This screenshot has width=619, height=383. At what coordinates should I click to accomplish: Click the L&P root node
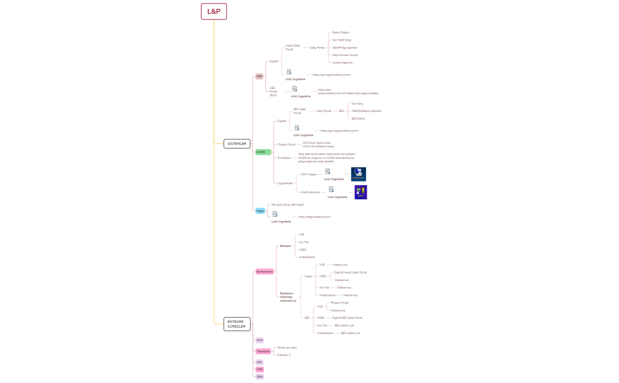(x=213, y=11)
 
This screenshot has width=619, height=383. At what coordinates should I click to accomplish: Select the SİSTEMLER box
(x=237, y=143)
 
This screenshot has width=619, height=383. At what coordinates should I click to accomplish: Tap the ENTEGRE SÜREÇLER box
(x=237, y=323)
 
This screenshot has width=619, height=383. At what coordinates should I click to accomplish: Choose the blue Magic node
(x=260, y=210)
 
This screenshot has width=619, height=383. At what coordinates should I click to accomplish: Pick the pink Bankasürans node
(x=265, y=272)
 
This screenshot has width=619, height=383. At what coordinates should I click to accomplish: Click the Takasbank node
(x=263, y=351)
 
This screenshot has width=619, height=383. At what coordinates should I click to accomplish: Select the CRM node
(x=259, y=369)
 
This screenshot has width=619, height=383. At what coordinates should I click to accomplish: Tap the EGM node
(x=259, y=340)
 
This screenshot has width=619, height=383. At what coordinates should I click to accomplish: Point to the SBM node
(x=259, y=376)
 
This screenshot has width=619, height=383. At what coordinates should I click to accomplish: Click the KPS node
(x=259, y=362)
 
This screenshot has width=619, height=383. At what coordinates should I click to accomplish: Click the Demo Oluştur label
(x=341, y=32)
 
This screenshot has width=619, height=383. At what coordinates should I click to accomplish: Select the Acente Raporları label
(x=343, y=62)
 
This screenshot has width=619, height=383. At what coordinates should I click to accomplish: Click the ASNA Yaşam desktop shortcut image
(x=358, y=174)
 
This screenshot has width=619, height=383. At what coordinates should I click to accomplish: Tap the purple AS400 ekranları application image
(x=361, y=192)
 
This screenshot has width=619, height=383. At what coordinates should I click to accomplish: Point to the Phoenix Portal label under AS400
(x=287, y=144)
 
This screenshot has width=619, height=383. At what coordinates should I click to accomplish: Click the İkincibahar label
(x=284, y=158)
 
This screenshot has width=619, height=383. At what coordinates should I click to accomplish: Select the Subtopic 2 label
(x=284, y=355)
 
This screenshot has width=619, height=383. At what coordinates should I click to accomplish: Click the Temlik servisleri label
(x=287, y=348)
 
